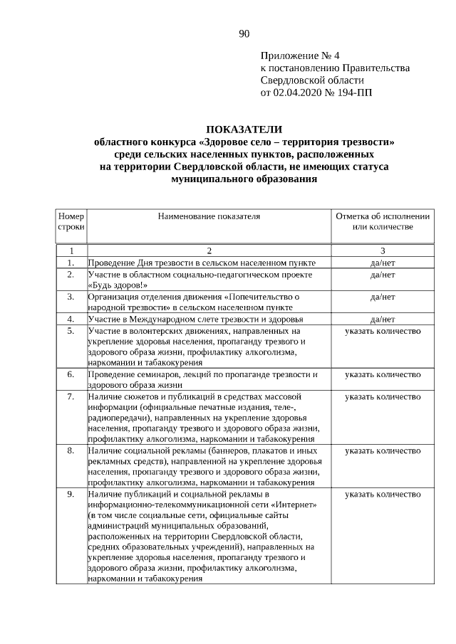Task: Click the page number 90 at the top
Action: (244, 33)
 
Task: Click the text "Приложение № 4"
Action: (295, 56)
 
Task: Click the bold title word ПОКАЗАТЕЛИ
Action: (244, 130)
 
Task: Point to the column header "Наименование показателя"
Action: (209, 215)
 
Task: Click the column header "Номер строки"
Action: (71, 221)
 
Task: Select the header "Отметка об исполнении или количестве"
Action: (383, 221)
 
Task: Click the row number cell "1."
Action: (71, 263)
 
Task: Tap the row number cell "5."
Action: (71, 331)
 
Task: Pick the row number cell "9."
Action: (71, 493)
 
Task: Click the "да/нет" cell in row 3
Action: (383, 296)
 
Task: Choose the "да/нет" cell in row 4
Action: (383, 319)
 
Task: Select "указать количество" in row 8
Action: (383, 450)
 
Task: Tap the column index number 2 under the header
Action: (209, 250)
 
